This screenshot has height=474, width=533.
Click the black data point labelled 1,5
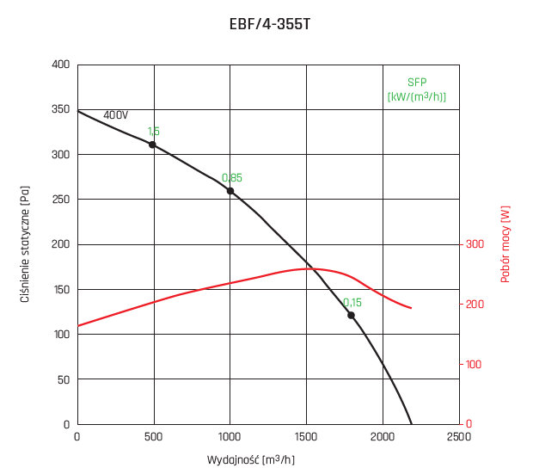tap(152, 145)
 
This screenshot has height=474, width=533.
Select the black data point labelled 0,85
tap(230, 191)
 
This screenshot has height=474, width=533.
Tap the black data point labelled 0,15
tap(351, 315)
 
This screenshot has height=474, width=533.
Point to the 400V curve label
tap(115, 115)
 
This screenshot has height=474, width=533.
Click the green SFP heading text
tap(417, 82)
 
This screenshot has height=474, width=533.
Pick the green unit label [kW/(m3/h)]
tap(417, 95)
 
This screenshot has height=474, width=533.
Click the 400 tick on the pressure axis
tap(61, 65)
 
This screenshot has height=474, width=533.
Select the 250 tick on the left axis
tap(61, 200)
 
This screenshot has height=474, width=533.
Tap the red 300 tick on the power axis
tap(475, 244)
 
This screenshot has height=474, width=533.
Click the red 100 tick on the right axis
tap(475, 365)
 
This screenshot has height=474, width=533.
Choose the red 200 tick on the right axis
tap(475, 305)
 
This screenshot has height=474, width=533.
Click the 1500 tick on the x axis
tap(306, 436)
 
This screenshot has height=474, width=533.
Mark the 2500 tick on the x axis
tap(459, 436)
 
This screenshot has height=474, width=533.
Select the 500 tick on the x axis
tap(154, 436)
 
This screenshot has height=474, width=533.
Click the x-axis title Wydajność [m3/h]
tap(252, 460)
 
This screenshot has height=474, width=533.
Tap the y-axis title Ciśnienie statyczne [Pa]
tap(27, 244)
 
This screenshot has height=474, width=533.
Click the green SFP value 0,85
tap(232, 178)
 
